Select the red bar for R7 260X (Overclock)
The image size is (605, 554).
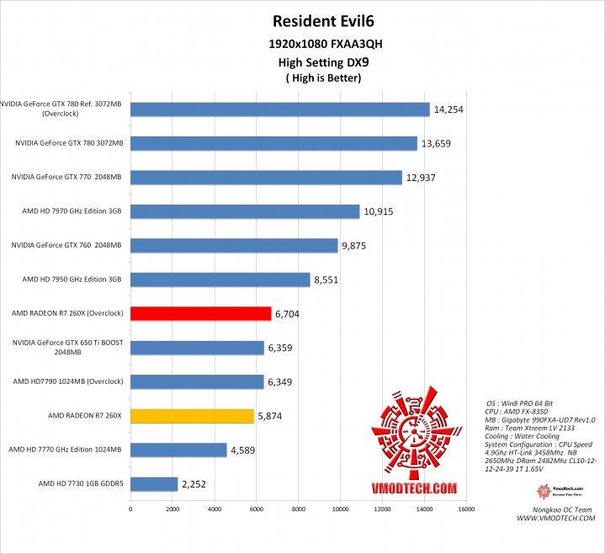(200, 313)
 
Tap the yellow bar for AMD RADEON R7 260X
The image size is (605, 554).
(192, 415)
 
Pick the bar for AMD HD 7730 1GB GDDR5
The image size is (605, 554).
(153, 484)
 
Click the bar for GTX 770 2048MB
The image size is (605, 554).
(266, 177)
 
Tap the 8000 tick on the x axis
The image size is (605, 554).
(299, 509)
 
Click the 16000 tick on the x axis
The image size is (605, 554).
(466, 509)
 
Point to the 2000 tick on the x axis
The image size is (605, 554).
(172, 509)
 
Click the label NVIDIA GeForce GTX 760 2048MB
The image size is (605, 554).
(66, 245)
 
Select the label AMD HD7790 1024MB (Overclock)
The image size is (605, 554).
(67, 381)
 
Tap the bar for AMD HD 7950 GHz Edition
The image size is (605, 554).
(220, 280)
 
